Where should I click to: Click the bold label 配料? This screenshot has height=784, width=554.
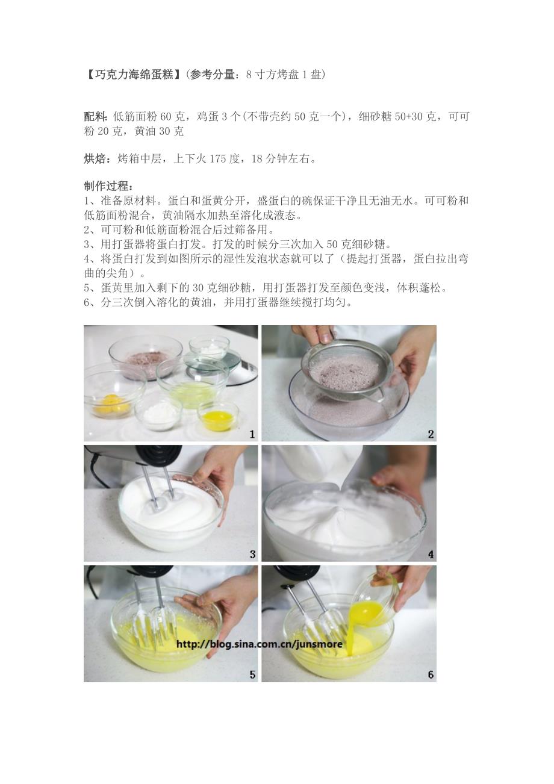(x=95, y=117)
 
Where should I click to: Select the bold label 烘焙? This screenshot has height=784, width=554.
(x=95, y=159)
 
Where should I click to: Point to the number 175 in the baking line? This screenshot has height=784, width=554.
(x=217, y=159)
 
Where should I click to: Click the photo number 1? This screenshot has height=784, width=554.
(x=252, y=434)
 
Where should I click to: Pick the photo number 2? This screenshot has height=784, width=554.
(x=431, y=434)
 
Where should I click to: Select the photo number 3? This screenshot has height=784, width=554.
(x=252, y=554)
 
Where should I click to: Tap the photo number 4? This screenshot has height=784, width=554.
(x=431, y=554)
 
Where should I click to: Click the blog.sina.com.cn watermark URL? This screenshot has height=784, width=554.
(x=260, y=644)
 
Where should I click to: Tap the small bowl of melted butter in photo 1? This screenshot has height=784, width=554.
(x=217, y=416)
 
